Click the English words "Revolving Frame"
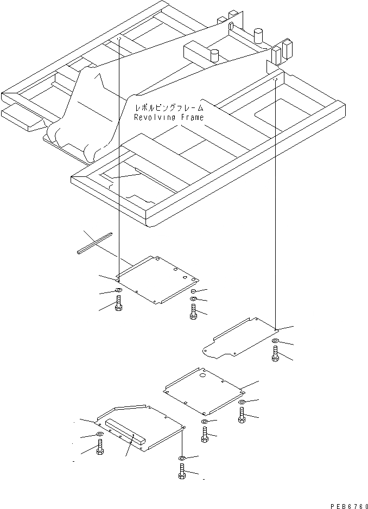tap(169, 117)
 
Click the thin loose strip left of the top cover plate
tap(94, 243)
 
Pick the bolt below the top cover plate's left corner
tap(118, 304)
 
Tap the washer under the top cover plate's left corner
tap(118, 292)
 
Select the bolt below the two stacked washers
tap(193, 311)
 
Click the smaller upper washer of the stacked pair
tap(194, 292)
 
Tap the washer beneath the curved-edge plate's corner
tap(275, 341)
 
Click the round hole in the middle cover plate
tap(203, 374)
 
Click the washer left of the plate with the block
tap(99, 435)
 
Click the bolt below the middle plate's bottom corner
tap(205, 434)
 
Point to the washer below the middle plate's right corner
tap(241, 402)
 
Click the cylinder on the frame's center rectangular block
tap(215, 55)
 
